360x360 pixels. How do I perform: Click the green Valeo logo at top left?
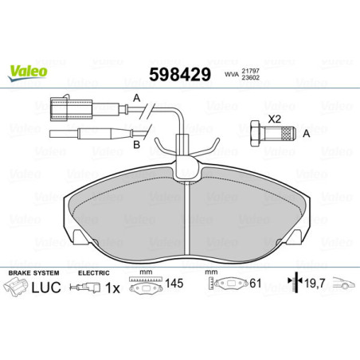[29, 71]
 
